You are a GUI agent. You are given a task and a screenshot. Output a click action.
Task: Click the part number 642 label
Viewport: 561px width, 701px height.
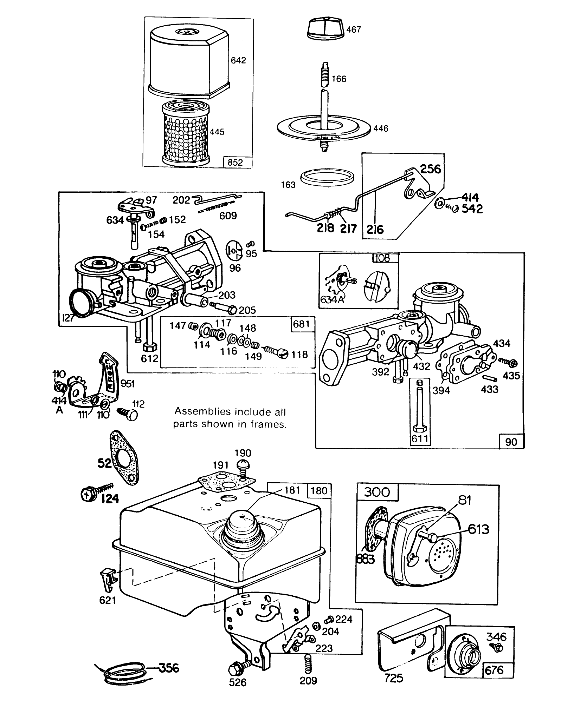pyautogui.click(x=238, y=60)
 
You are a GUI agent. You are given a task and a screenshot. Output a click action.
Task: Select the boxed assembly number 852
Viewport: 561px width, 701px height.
pyautogui.click(x=235, y=163)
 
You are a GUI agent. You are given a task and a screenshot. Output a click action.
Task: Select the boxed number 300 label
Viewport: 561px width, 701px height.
pyautogui.click(x=377, y=492)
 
